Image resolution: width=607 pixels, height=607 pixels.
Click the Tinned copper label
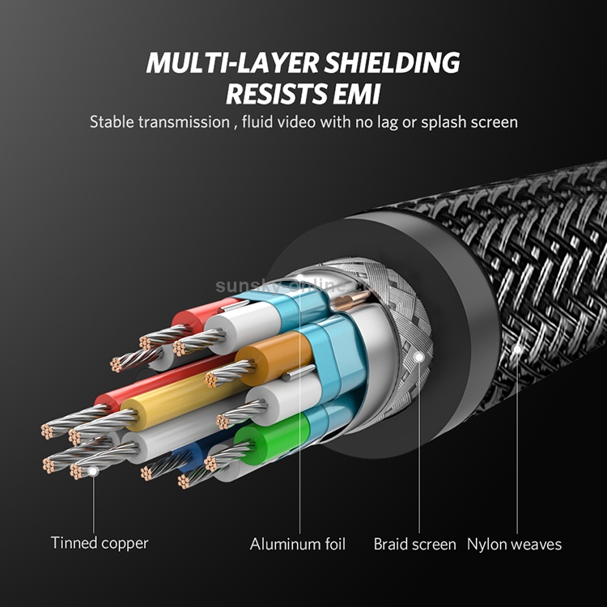coord(100,543)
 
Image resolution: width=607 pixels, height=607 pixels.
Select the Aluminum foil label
coord(298,544)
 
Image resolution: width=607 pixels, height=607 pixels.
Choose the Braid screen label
coord(414,544)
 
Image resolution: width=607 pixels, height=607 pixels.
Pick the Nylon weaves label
coord(515,544)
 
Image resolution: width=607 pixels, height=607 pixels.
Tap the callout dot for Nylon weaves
coord(516,350)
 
